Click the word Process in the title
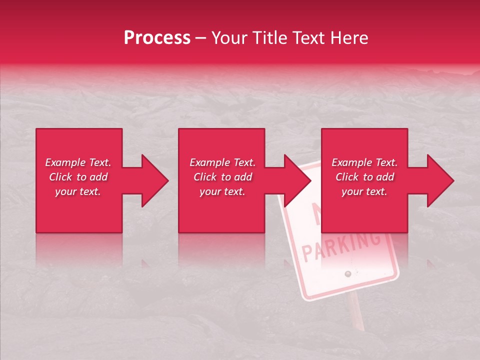(157, 38)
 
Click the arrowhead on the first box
(154, 180)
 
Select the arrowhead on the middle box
(297, 180)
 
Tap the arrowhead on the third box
(440, 180)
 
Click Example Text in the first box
(78, 162)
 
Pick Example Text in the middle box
(222, 162)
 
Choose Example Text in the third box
(364, 162)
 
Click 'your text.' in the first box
(78, 191)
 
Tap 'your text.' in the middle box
(222, 191)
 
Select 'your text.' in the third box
(364, 191)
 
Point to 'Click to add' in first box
(78, 177)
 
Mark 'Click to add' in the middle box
(222, 177)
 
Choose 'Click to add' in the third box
(364, 177)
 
